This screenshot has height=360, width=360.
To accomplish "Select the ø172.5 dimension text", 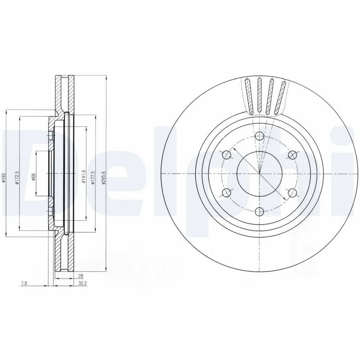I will pos(17,178).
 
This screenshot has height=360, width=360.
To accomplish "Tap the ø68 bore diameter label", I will pos(34,177).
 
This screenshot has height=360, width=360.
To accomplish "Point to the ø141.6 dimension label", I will pos(84,178).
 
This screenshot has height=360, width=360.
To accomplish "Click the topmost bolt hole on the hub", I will pos(260,137).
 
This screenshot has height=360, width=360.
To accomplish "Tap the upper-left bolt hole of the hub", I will pos(227,155).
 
